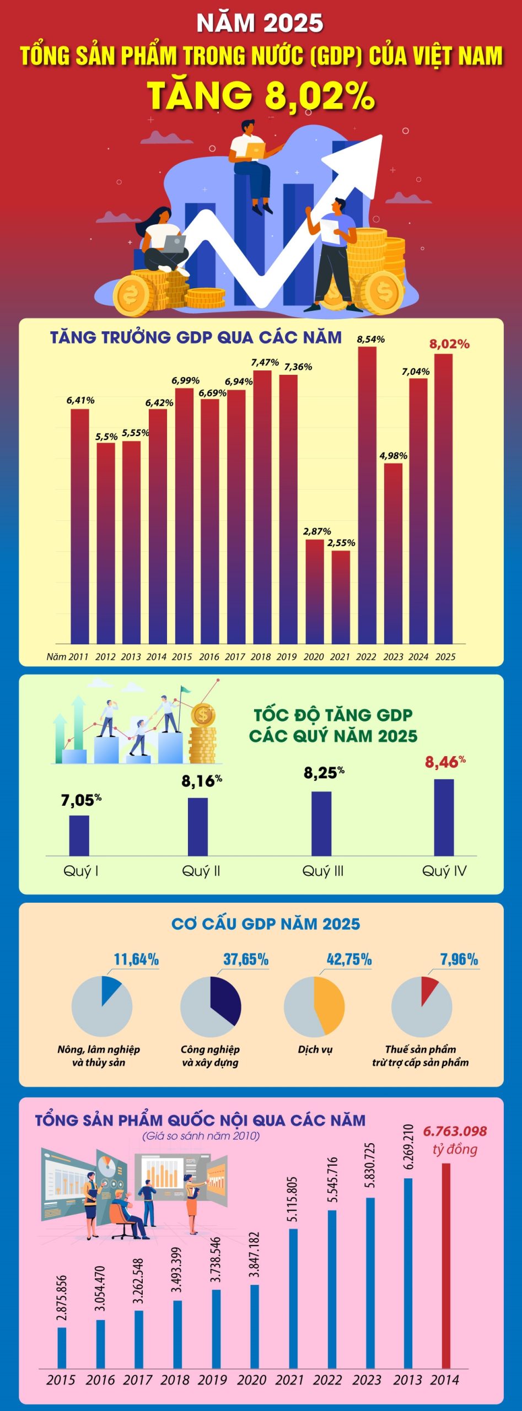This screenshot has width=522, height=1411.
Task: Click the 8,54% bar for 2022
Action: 367,496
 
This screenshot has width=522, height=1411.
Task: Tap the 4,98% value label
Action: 393,456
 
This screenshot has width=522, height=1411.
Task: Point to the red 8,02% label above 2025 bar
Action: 449,344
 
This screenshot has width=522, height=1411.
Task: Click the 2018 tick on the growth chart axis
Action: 261,656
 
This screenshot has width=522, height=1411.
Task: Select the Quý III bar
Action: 321,823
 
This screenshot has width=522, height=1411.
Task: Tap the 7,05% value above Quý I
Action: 80,800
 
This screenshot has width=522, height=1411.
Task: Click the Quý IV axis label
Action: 444,871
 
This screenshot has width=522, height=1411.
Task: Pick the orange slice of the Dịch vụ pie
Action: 330,1006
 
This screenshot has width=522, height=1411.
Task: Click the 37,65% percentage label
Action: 246,960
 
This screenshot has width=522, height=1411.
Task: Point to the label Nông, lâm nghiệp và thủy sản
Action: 99,1055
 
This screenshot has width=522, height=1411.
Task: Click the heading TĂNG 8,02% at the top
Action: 261,95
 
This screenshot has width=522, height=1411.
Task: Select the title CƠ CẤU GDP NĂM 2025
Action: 265,924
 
